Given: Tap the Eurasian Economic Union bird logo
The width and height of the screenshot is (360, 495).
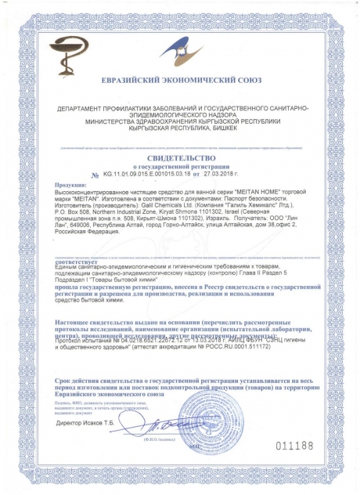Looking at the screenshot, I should (182, 49).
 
